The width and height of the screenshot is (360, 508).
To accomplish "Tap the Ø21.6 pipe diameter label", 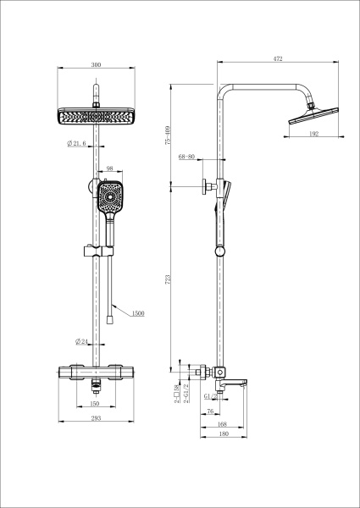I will [x=77, y=145].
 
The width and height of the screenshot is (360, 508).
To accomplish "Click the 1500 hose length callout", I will [x=137, y=313].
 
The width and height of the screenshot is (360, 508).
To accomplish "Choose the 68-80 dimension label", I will [x=187, y=157].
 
